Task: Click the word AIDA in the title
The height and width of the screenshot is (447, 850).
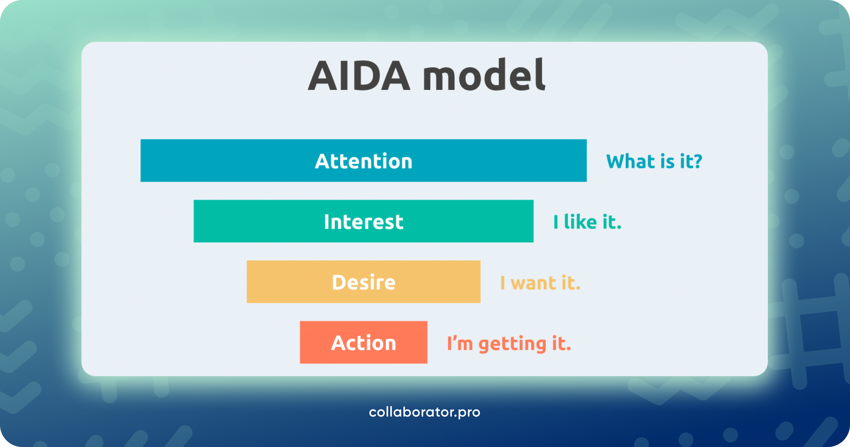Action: (x=359, y=76)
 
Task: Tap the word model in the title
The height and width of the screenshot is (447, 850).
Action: (x=484, y=75)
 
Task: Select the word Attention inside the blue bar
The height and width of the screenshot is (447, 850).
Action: (x=364, y=161)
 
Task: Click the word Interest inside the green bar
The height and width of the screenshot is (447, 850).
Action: (x=364, y=222)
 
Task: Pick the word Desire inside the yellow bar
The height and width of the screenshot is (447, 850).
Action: (x=364, y=282)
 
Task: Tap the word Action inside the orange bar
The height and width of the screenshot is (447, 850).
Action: (x=364, y=343)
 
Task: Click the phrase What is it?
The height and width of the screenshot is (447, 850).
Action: (x=654, y=162)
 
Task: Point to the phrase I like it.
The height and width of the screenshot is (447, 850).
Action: (x=587, y=222)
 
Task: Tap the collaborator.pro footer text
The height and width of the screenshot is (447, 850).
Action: (x=424, y=412)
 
